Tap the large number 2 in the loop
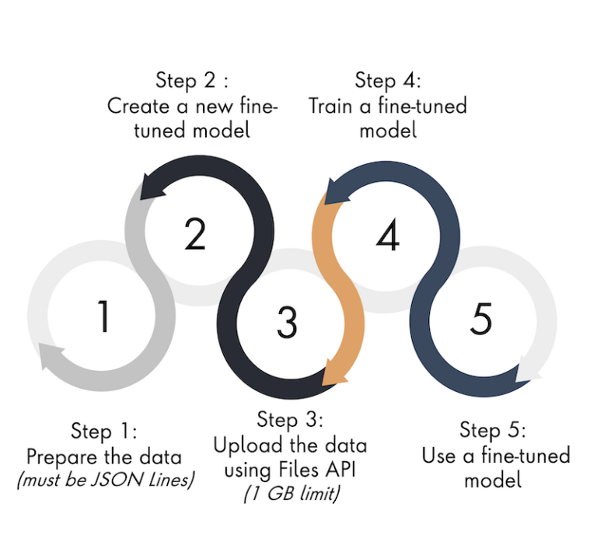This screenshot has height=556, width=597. point(194,233)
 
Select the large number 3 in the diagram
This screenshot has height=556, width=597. point(287,320)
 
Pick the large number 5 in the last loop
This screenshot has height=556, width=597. point(482,318)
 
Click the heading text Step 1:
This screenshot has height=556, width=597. point(103,432)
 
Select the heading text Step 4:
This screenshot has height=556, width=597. point(388,80)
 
